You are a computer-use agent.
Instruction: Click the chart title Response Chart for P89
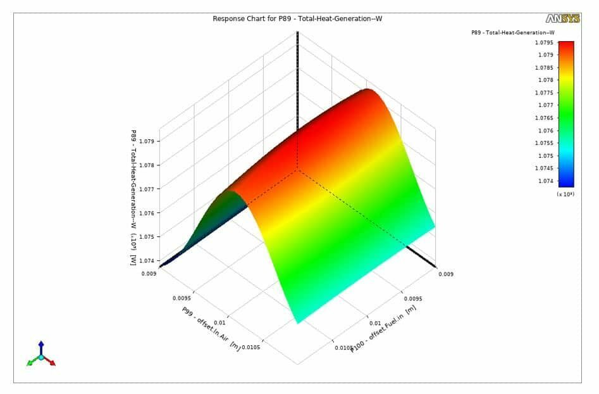[297, 18]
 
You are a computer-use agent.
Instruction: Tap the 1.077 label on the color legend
[545, 105]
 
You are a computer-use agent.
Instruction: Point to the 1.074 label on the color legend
[545, 181]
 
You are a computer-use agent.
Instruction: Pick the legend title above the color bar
[513, 32]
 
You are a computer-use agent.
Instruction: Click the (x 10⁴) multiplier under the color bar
[565, 194]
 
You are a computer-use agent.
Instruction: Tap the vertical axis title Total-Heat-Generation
[133, 198]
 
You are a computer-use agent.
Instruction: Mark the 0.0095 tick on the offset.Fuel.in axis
[413, 297]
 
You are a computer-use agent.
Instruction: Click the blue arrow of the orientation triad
[41, 346]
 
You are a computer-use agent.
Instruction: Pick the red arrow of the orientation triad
[51, 363]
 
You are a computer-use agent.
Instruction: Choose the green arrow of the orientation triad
[30, 363]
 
